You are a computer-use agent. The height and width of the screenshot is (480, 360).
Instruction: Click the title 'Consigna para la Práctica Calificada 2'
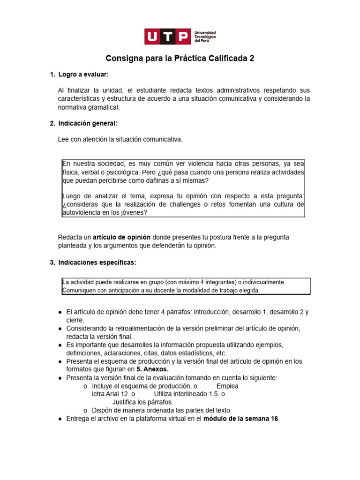(x=180, y=59)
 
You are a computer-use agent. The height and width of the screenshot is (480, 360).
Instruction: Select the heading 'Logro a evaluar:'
(x=83, y=75)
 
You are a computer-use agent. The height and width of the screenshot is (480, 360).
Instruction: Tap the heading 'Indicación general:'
(x=87, y=123)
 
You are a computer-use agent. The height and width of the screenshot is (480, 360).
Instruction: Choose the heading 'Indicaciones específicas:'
(x=97, y=262)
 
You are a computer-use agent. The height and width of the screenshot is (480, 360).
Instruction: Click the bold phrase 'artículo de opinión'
(x=121, y=238)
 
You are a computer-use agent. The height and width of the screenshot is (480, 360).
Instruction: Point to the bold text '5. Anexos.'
(x=152, y=369)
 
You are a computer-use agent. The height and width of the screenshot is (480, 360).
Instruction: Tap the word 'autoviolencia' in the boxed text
(x=80, y=212)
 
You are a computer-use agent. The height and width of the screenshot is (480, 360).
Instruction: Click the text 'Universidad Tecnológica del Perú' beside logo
(x=205, y=36)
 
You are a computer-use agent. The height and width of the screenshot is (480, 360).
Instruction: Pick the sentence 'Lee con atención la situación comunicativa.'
(x=120, y=140)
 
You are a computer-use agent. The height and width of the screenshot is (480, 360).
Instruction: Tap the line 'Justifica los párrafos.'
(x=142, y=402)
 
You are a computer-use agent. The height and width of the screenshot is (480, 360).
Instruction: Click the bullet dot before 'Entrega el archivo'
(x=60, y=419)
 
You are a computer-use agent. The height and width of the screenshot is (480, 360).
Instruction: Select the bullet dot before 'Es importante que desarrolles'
(x=60, y=345)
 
